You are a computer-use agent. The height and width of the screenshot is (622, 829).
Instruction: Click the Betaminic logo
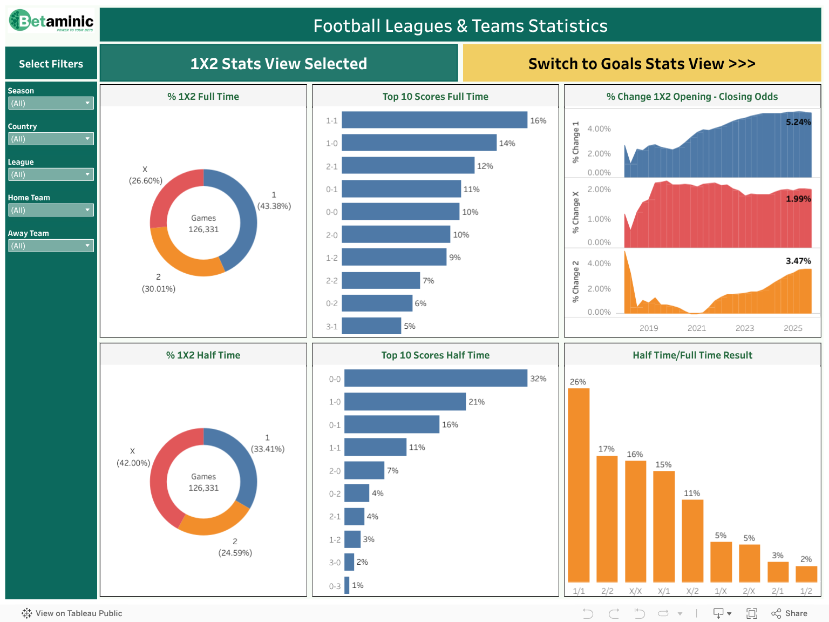(51, 22)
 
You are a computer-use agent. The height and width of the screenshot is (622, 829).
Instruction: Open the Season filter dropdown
(51, 103)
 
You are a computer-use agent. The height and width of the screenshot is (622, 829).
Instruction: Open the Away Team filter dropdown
(51, 246)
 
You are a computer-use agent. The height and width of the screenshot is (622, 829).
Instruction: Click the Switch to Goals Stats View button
(642, 64)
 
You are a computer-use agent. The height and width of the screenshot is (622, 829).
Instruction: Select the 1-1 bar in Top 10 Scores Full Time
(434, 120)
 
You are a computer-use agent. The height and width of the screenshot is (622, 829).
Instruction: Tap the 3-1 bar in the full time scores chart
(371, 326)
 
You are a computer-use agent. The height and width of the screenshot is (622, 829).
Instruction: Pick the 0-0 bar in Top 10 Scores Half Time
(436, 378)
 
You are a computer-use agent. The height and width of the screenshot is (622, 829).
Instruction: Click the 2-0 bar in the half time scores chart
(364, 470)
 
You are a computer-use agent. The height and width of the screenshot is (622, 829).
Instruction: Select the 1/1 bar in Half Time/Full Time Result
(579, 484)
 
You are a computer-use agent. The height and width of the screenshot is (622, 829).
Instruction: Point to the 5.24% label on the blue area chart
(798, 122)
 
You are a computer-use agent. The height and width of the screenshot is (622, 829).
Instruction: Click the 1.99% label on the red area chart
(798, 199)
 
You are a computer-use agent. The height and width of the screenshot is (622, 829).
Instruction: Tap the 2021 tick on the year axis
(697, 328)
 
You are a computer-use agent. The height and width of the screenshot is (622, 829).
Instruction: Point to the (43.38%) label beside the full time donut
(274, 206)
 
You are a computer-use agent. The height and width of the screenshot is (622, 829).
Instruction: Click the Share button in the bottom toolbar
(790, 613)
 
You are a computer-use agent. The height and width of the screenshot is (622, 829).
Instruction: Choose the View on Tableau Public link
(72, 613)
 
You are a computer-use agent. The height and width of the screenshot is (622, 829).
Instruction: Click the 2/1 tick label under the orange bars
(777, 591)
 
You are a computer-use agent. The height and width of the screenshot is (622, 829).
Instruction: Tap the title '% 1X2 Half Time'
(203, 355)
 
